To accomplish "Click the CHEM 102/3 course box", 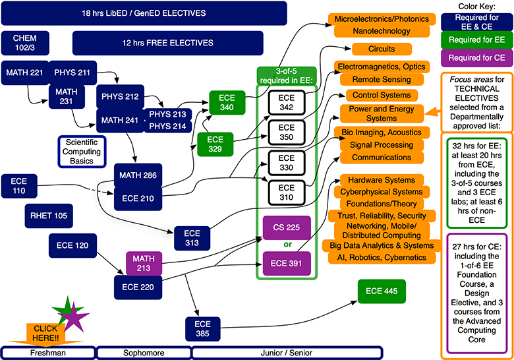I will (24, 43).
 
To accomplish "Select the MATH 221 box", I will (22, 72).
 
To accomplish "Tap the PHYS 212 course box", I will (119, 97).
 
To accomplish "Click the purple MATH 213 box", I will (143, 261).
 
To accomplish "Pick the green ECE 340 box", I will (226, 103).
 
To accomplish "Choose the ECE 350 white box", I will (286, 132).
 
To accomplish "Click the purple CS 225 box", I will (286, 228).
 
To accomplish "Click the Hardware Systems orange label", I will (381, 180).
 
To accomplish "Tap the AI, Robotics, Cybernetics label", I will (381, 256).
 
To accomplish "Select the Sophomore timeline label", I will (143, 353).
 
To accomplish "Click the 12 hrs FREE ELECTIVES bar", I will (180, 43).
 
